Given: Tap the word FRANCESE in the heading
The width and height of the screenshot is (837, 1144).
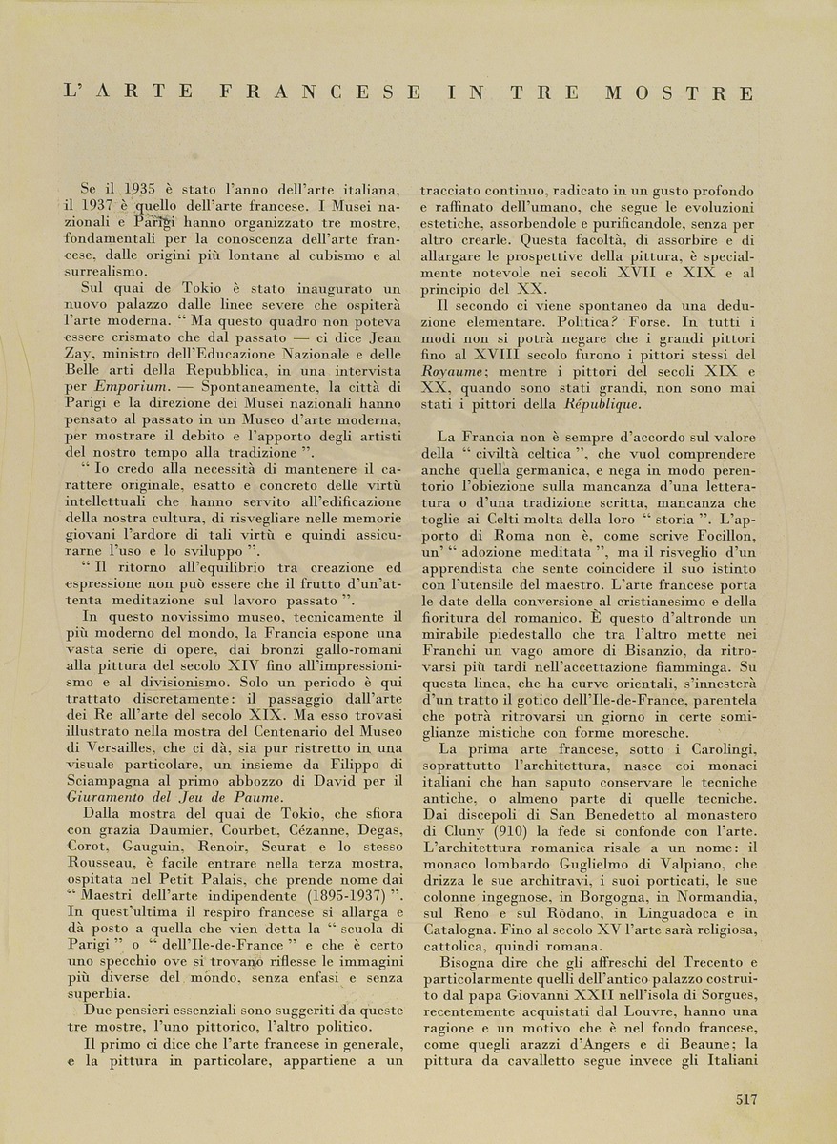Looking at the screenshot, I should [x=319, y=93].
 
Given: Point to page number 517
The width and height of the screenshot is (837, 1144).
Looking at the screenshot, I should [x=746, y=1098].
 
